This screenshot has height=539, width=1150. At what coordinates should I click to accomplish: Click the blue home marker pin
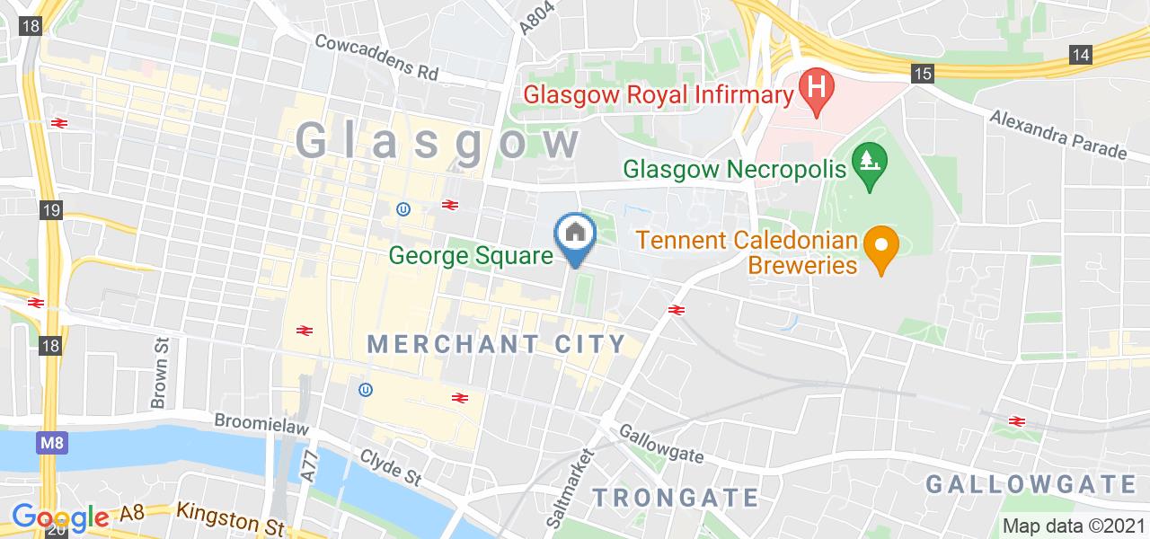click(575, 236)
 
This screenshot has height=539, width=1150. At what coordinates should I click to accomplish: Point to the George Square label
click(470, 256)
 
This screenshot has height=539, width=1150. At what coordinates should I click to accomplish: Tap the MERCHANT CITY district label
click(496, 344)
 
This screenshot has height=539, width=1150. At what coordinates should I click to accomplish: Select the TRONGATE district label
click(677, 497)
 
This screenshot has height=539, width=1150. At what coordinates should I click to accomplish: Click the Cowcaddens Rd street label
click(376, 57)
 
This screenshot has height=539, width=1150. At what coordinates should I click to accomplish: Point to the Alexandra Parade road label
click(1058, 133)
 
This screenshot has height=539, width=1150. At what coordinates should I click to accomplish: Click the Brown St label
click(161, 372)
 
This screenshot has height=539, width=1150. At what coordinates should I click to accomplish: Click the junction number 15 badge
click(922, 74)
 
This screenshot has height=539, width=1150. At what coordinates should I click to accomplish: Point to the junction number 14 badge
click(1081, 55)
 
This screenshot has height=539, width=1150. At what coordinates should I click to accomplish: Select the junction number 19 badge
click(51, 210)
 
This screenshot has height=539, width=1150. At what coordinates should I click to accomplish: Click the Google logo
click(59, 517)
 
